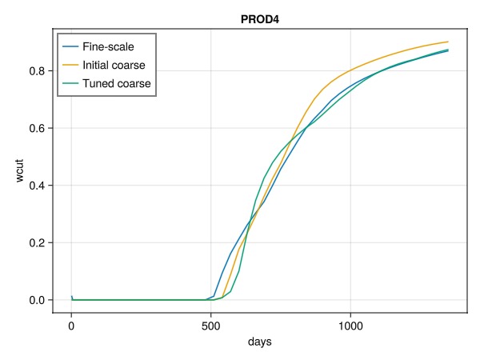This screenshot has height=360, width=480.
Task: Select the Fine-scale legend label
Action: (114, 46)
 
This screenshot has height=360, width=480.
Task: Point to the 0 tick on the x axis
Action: (71, 326)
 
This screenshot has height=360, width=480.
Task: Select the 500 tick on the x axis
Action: (210, 326)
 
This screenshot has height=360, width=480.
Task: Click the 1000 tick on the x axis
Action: (350, 326)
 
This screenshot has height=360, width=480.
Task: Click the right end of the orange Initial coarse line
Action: (448, 42)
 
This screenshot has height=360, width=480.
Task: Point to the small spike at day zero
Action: (71, 296)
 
